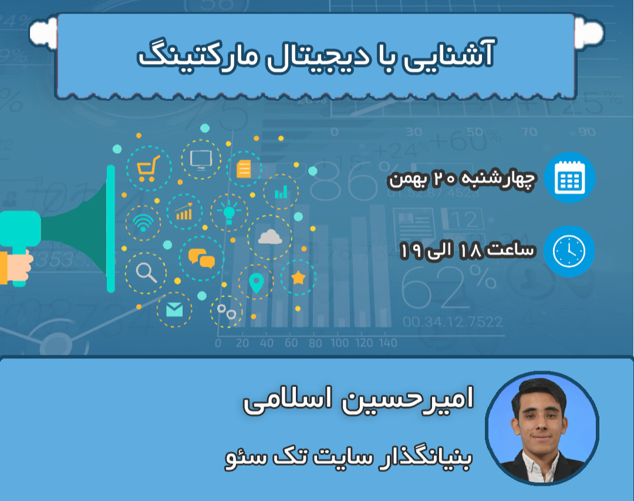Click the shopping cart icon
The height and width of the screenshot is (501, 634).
[x=146, y=169]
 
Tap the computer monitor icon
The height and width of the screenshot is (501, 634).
[x=201, y=159]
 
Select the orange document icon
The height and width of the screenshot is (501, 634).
[x=243, y=169]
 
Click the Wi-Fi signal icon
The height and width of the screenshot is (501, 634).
[x=143, y=223]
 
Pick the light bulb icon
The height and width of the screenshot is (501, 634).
[x=229, y=210]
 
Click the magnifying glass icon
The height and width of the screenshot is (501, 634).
[x=144, y=272]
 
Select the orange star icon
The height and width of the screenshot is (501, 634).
[x=298, y=277]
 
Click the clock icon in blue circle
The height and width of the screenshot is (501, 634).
[x=569, y=251]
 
